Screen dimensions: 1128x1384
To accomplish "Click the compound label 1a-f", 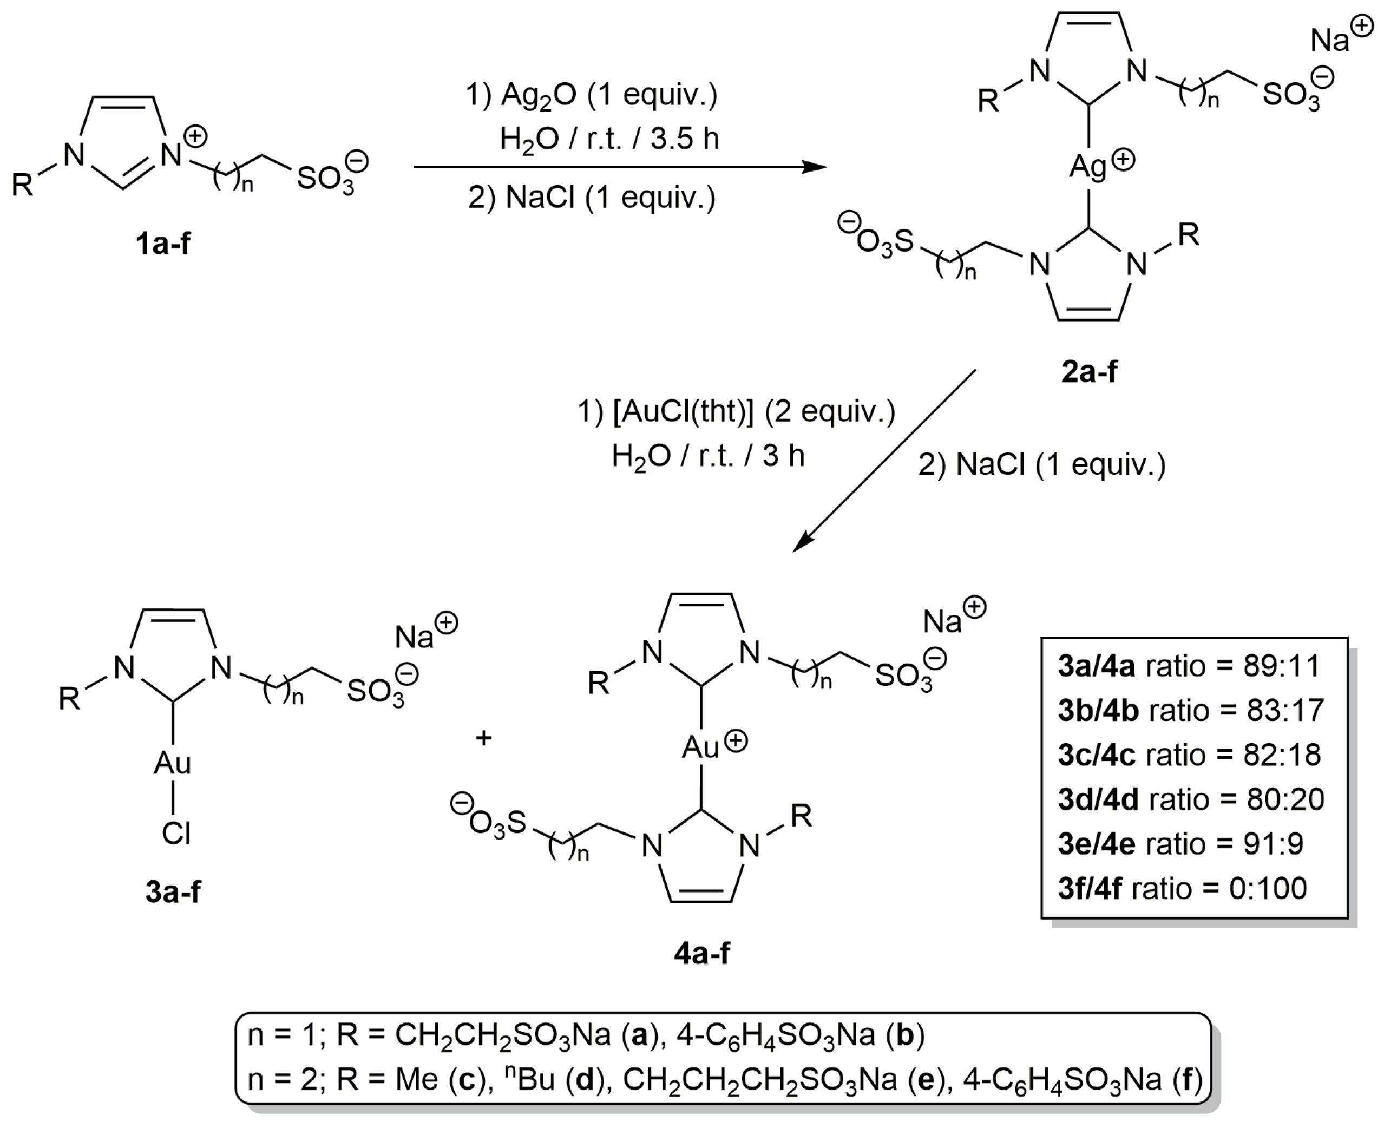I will pyautogui.click(x=162, y=244).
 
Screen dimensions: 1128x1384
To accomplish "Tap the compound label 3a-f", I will pyautogui.click(x=173, y=891).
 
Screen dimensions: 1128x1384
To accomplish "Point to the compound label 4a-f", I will pyautogui.click(x=702, y=953).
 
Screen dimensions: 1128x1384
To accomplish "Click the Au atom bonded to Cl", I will pyautogui.click(x=172, y=763).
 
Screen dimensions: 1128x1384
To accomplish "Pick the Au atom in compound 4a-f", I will pyautogui.click(x=700, y=747).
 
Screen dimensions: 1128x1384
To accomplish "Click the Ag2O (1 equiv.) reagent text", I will pyautogui.click(x=591, y=95).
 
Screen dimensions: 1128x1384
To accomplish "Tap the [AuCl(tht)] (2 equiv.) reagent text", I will pyautogui.click(x=736, y=412).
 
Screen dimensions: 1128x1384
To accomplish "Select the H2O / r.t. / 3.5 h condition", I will pyautogui.click(x=609, y=139).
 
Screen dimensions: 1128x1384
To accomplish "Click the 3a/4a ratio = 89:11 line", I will pyautogui.click(x=1189, y=666).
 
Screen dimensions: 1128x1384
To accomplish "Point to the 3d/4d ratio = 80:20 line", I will pyautogui.click(x=1190, y=799).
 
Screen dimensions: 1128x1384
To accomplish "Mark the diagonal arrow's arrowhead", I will pyautogui.click(x=803, y=541).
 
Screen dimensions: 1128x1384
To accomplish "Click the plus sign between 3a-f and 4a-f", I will pyautogui.click(x=483, y=738).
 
